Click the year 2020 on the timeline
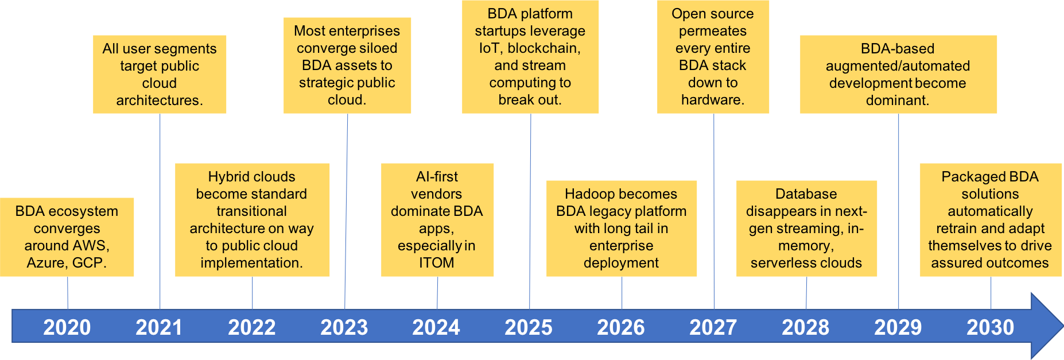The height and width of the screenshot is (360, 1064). (x=67, y=327)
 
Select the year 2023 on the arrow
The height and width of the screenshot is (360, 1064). (x=344, y=327)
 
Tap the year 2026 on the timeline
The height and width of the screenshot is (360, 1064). (x=621, y=327)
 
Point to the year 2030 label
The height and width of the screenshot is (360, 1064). (x=991, y=327)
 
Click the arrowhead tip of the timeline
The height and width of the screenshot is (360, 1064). (x=1063, y=326)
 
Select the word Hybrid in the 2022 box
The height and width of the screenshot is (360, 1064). (x=229, y=177)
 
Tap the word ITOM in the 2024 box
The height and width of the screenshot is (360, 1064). (x=437, y=263)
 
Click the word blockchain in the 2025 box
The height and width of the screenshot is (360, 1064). (x=544, y=48)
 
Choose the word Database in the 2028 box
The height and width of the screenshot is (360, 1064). (x=806, y=194)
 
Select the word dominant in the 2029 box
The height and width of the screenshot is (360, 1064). (x=898, y=100)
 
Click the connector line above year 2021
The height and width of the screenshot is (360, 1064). (x=160, y=211)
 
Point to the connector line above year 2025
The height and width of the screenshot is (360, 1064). (x=530, y=211)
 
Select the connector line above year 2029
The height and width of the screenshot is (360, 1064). (x=898, y=211)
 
